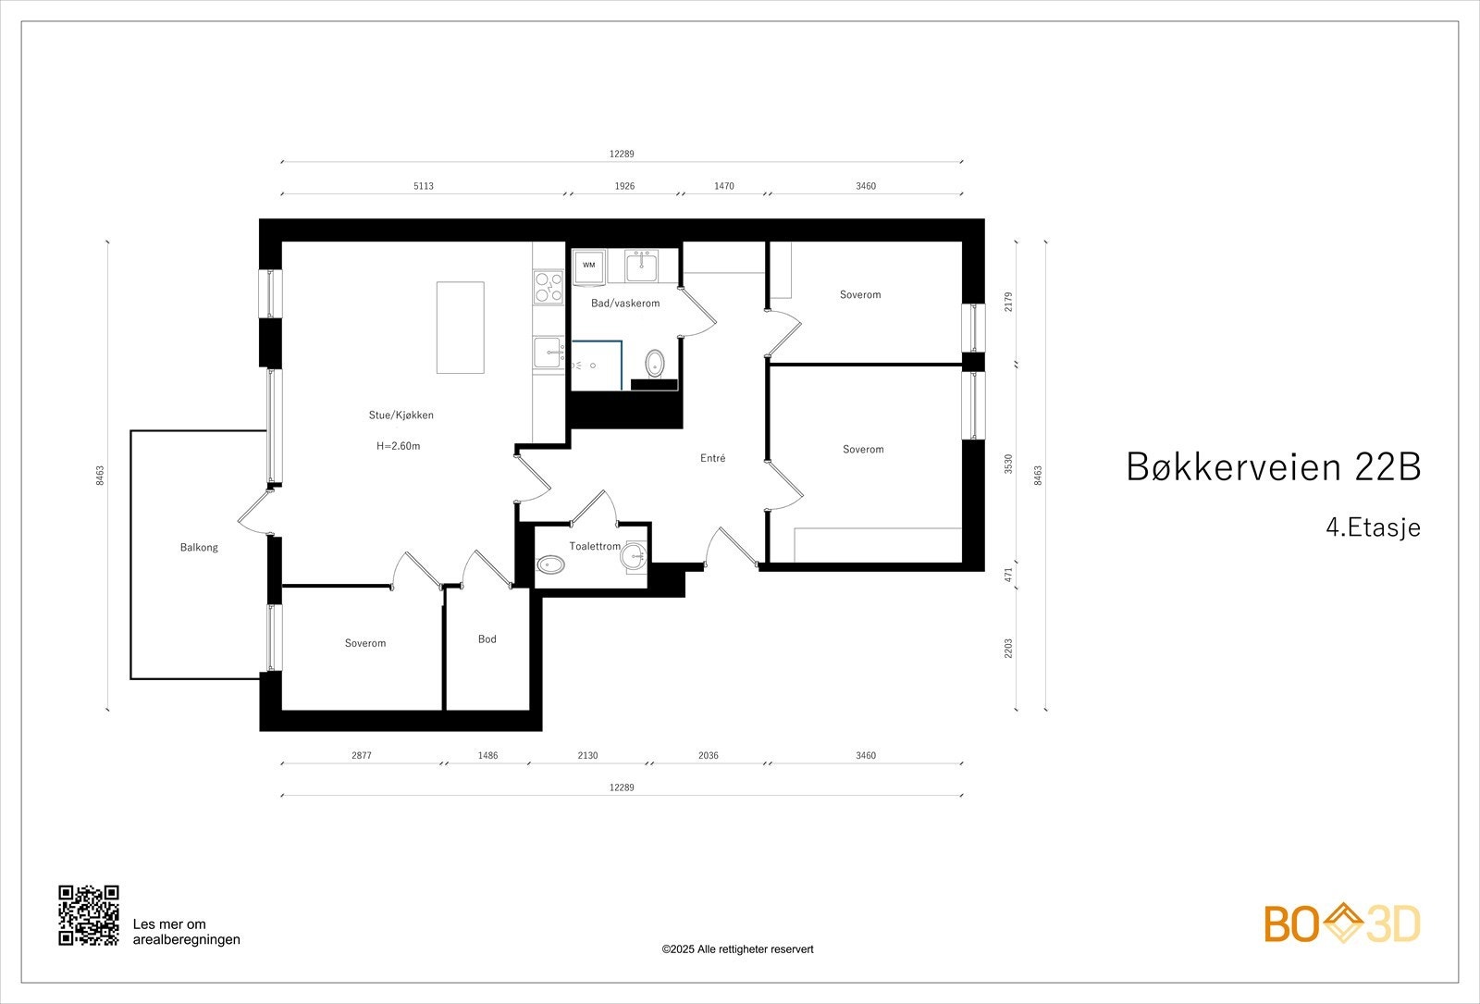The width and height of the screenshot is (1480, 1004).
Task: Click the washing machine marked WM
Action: tap(589, 266)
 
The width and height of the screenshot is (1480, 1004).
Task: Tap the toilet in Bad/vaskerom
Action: tap(655, 363)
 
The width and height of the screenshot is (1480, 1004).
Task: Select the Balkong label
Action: tap(199, 547)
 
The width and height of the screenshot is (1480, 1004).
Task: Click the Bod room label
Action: tap(487, 639)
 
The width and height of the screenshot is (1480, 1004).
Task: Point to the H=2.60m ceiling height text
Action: tap(399, 446)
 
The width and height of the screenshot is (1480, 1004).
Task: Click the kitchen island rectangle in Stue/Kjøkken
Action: tap(460, 328)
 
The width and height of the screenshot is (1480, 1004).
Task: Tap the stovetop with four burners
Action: tap(549, 288)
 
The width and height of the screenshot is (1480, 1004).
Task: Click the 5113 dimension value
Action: tap(423, 186)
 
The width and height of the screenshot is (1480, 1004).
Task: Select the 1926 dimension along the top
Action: tap(624, 186)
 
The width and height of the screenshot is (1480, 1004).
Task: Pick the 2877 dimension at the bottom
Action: tap(361, 756)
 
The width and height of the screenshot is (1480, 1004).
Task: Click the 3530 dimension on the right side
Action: tap(1009, 464)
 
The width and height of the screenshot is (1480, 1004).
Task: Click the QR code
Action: tap(89, 915)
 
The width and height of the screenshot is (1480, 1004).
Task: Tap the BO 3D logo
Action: tap(1341, 923)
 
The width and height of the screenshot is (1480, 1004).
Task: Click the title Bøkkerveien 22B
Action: tap(1272, 467)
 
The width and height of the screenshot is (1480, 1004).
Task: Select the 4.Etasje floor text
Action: tap(1372, 527)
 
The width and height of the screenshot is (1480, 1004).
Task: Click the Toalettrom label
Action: tap(594, 547)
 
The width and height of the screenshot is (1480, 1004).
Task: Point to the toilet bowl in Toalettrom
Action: tap(550, 564)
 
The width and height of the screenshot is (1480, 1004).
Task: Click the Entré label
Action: tap(712, 458)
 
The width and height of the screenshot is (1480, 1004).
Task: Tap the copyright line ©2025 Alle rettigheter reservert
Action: tap(737, 949)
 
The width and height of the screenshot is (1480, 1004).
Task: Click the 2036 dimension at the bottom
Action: tap(708, 756)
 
